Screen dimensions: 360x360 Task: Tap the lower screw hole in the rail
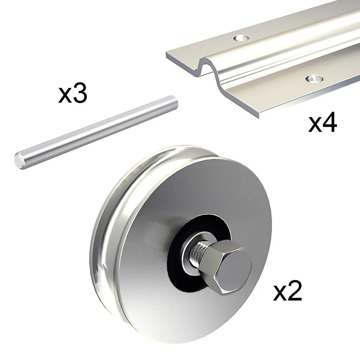[x=315, y=79]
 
